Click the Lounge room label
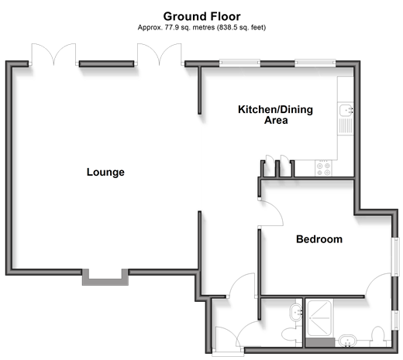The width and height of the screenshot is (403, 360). tap(105, 172)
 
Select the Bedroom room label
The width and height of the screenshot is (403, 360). tap(319, 239)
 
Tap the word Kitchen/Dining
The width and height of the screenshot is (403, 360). tap(275, 109)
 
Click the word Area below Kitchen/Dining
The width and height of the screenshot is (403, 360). tap(276, 120)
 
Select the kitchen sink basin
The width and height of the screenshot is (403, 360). tap(346, 111)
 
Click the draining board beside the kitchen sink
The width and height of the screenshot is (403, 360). tap(346, 125)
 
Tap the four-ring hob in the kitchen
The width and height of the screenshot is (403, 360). tap(323, 169)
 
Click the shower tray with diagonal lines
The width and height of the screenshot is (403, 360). tap(319, 318)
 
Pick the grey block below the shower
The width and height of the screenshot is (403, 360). tap(320, 342)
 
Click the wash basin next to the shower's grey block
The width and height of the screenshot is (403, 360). tap(347, 341)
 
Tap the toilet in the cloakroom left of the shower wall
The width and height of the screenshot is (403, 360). tap(291, 334)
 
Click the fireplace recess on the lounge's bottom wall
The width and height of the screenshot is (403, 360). tap(105, 278)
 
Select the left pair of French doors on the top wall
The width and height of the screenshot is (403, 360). tap(53, 54)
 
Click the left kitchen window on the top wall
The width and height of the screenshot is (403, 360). tap(239, 63)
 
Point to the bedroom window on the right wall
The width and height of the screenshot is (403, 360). tap(395, 256)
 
